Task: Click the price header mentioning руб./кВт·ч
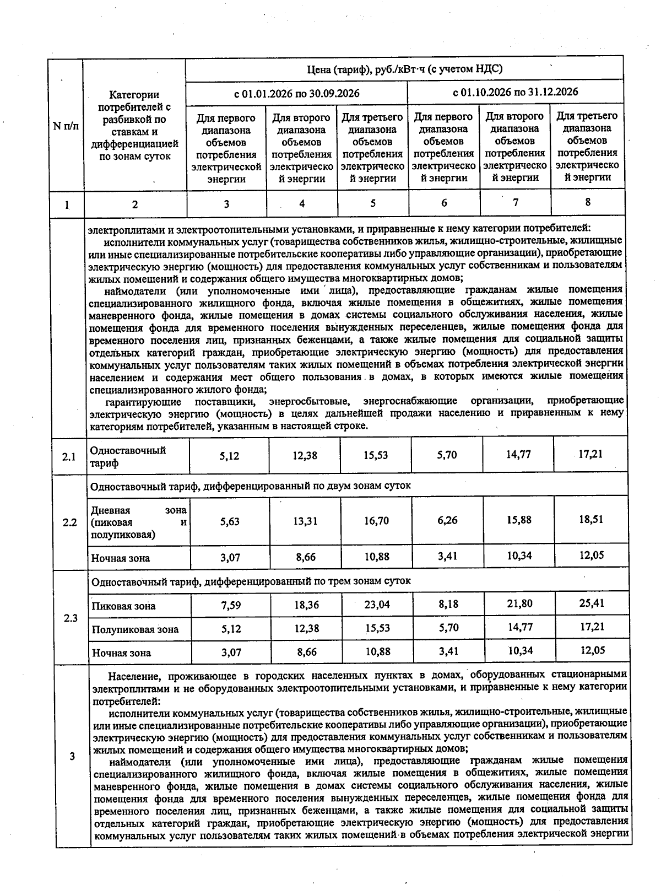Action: click(404, 69)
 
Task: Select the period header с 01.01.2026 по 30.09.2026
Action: click(296, 93)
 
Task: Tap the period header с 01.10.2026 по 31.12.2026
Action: click(515, 92)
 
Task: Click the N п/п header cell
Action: click(66, 126)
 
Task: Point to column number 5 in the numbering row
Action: click(373, 203)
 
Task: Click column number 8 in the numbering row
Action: click(588, 202)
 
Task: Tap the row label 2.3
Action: click(71, 618)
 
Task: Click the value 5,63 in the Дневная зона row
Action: click(230, 521)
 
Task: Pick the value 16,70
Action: click(377, 521)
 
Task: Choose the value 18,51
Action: click(591, 519)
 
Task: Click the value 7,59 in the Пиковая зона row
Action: click(231, 606)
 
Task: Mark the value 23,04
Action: click(377, 605)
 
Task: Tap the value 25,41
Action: click(592, 603)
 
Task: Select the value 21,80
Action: click(519, 603)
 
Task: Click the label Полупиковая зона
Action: click(135, 629)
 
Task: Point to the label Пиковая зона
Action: click(123, 606)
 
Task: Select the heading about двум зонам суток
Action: click(251, 486)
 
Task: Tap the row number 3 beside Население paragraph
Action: click(72, 756)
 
